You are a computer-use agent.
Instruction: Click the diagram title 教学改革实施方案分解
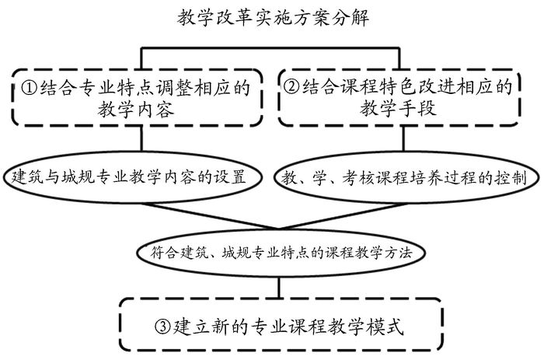pyautogui.click(x=272, y=15)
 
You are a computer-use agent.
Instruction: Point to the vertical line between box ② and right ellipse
pyautogui.click(x=403, y=140)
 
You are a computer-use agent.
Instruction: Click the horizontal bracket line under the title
pyautogui.click(x=272, y=47)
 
